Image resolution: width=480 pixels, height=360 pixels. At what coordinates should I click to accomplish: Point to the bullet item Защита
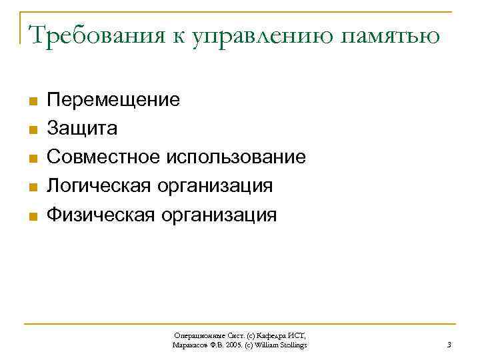pyautogui.click(x=82, y=129)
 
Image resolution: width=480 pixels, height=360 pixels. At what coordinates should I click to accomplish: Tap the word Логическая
pyautogui.click(x=100, y=186)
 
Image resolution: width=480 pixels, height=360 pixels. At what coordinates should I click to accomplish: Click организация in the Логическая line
pyautogui.click(x=215, y=186)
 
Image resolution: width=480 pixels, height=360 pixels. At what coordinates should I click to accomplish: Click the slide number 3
pyautogui.click(x=449, y=345)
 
